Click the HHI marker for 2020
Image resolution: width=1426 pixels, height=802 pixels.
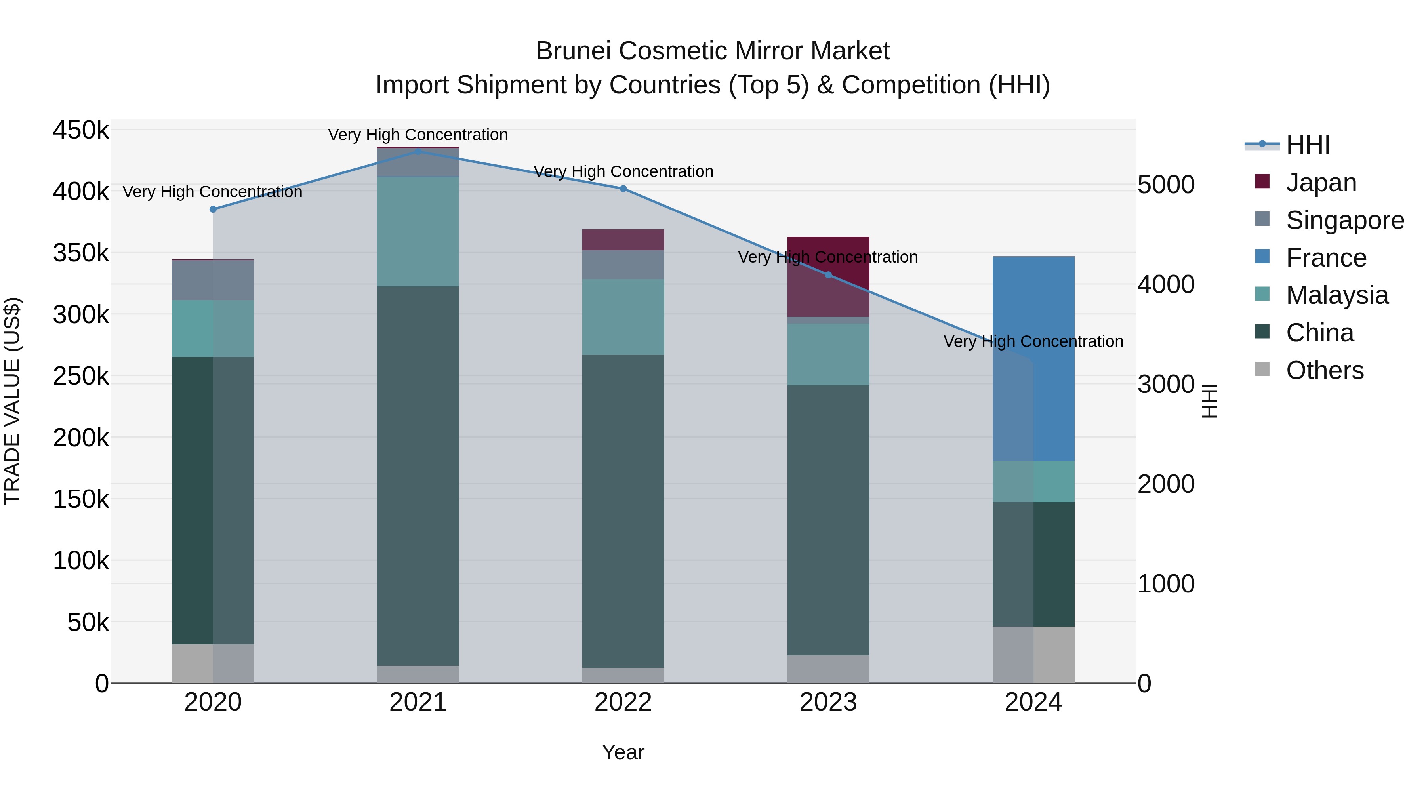tap(213, 209)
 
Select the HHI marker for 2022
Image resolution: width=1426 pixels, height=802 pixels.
tap(623, 189)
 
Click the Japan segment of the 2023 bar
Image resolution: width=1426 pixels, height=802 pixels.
tap(828, 277)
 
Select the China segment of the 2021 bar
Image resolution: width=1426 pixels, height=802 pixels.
tap(418, 476)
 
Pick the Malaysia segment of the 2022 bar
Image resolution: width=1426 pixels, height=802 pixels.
tap(623, 317)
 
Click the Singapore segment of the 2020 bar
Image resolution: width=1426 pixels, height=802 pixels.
tap(213, 280)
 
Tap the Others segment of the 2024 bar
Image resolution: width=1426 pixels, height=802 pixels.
tap(1033, 655)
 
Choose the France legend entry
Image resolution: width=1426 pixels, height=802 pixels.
tap(1326, 258)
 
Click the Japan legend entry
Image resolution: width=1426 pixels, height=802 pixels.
tap(1321, 183)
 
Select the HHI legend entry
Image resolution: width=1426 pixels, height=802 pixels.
tap(1308, 145)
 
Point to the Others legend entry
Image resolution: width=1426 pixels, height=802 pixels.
tap(1325, 370)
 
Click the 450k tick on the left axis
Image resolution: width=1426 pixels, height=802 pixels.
tap(81, 131)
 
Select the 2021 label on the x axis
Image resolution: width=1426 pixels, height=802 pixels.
tap(418, 702)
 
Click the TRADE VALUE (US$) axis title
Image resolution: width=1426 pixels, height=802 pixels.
tap(12, 401)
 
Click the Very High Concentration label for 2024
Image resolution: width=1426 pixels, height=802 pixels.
tap(1033, 341)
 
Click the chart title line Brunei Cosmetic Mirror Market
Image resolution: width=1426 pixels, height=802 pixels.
tap(713, 51)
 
